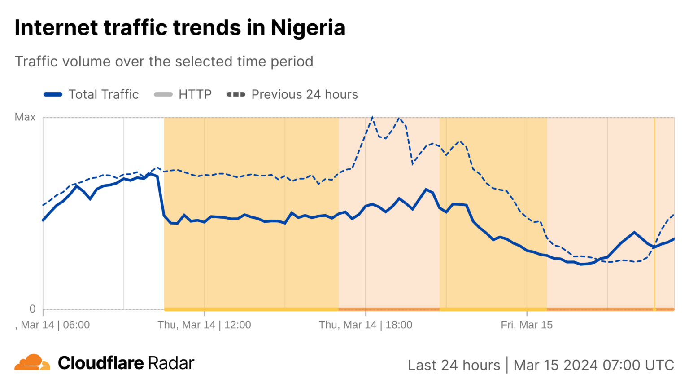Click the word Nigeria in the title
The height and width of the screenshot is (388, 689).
[308, 28]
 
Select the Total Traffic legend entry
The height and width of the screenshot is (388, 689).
[103, 94]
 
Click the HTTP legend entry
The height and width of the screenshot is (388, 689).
[195, 94]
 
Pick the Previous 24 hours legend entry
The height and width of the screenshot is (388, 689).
[304, 94]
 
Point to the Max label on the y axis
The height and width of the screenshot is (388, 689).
[25, 117]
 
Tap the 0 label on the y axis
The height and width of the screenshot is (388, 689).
[32, 309]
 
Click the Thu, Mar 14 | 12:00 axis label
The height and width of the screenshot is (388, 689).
[204, 325]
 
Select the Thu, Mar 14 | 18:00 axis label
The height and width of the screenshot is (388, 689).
[365, 325]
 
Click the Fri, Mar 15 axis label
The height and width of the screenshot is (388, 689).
[527, 325]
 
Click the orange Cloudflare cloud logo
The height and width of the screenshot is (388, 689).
[32, 362]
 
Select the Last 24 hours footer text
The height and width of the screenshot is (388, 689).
[454, 365]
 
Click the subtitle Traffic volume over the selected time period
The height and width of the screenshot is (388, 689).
[164, 62]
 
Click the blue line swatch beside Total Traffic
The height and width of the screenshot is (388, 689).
[53, 94]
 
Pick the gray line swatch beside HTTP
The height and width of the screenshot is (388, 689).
[163, 94]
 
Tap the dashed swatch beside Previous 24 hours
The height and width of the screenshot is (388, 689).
[236, 94]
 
